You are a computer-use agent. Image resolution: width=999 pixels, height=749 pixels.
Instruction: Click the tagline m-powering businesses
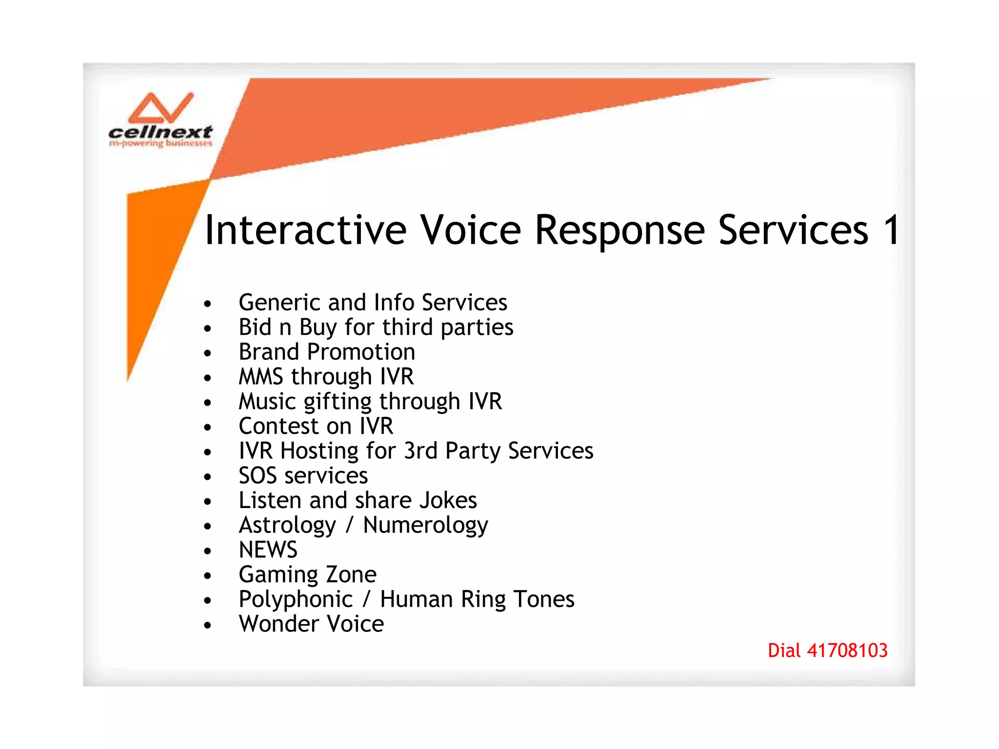coord(160,143)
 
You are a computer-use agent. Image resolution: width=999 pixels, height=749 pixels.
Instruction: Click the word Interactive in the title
coord(305,230)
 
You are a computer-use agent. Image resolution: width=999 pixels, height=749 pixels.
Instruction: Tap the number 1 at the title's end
coord(891,230)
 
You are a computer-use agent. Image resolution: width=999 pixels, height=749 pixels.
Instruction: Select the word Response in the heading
coord(619,230)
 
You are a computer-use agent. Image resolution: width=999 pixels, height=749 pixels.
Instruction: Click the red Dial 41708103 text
coord(827,650)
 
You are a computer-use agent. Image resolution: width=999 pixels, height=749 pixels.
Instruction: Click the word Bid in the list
coord(255,327)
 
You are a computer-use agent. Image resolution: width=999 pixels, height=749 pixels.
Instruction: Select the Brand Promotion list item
coord(327,352)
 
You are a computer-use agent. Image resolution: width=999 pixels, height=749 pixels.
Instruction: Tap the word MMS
coord(260,377)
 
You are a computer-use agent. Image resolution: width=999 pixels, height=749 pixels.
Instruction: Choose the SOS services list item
coord(303,475)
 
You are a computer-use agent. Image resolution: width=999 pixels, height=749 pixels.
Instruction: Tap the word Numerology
coord(425,526)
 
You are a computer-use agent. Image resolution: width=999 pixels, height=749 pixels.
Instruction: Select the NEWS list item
coord(268,550)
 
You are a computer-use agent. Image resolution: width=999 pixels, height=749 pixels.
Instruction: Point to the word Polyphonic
coord(296,600)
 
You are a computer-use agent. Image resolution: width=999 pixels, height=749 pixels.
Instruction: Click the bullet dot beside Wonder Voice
coord(208,625)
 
